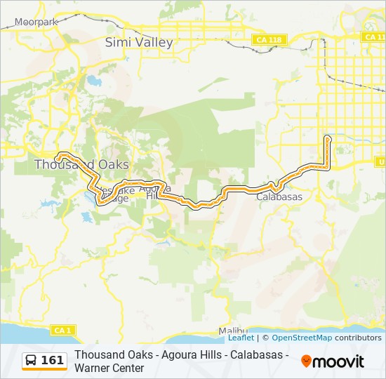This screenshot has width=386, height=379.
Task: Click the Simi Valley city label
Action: pyautogui.click(x=138, y=42)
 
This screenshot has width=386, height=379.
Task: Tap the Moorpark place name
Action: pyautogui.click(x=37, y=22)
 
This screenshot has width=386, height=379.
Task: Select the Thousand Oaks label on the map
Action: pyautogui.click(x=81, y=164)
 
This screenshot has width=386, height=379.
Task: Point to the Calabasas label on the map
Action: pyautogui.click(x=279, y=197)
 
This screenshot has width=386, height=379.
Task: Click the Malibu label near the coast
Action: pyautogui.click(x=233, y=331)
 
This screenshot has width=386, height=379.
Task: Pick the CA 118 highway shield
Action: pyautogui.click(x=269, y=40)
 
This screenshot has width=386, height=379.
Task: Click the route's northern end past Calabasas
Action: pyautogui.click(x=328, y=138)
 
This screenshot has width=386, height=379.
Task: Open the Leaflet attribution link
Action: pyautogui.click(x=241, y=338)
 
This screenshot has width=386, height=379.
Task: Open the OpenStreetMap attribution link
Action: pyautogui.click(x=302, y=338)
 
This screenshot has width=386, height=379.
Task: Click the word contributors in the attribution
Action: pyautogui.click(x=358, y=338)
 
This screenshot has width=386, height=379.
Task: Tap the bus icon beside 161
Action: pyautogui.click(x=32, y=361)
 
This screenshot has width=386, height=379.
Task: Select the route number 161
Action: pyautogui.click(x=53, y=361)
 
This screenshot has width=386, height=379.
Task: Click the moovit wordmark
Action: pyautogui.click(x=338, y=361)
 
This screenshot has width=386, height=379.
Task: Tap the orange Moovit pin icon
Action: pyautogui.click(x=306, y=361)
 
